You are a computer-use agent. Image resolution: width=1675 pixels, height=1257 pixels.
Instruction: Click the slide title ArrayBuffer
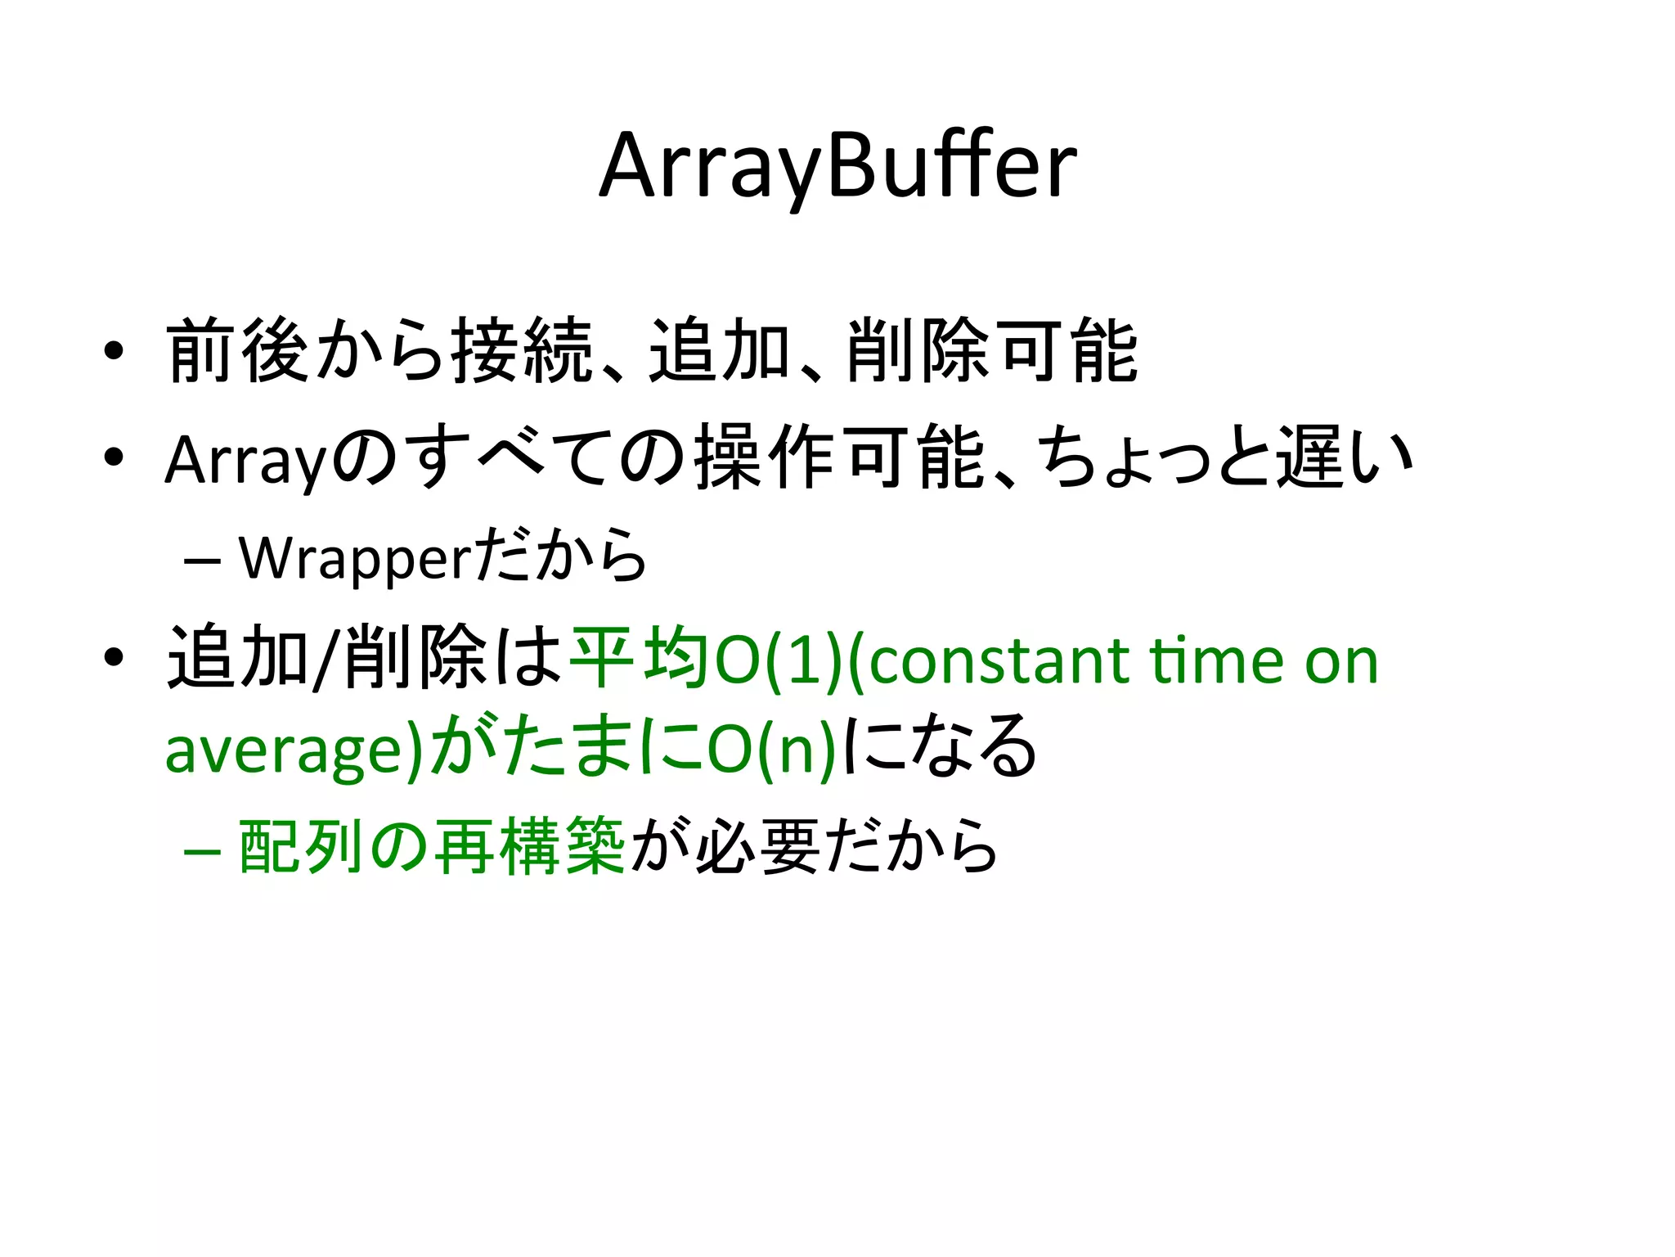click(x=837, y=167)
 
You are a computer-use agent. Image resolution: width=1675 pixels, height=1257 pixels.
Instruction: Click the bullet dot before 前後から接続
click(x=114, y=351)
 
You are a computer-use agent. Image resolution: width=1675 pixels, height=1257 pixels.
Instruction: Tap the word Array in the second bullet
click(x=245, y=460)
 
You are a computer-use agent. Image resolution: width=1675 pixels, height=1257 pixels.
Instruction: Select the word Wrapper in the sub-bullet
click(x=355, y=559)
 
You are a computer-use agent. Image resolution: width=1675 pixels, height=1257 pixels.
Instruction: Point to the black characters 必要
click(x=757, y=846)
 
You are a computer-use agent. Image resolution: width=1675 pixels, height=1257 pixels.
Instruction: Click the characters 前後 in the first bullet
click(x=237, y=351)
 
